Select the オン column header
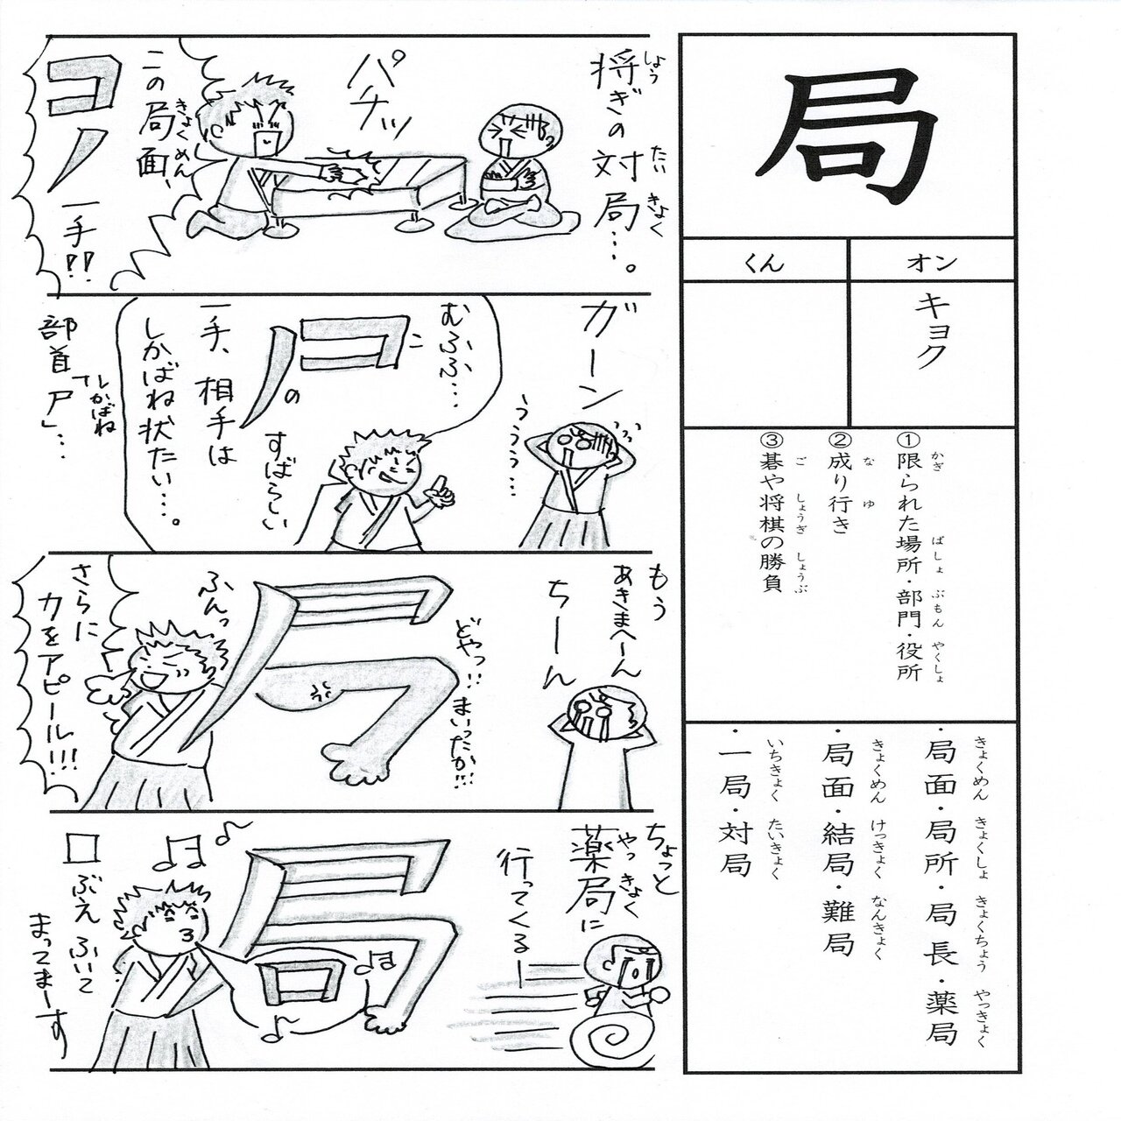coord(934,261)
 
